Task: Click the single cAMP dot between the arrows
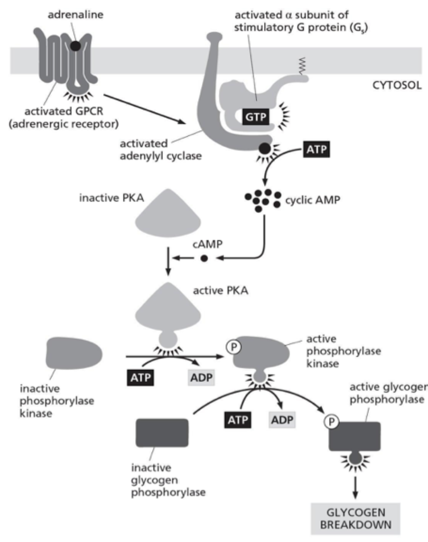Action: (x=204, y=258)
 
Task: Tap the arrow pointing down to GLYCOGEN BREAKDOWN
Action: (x=355, y=488)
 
